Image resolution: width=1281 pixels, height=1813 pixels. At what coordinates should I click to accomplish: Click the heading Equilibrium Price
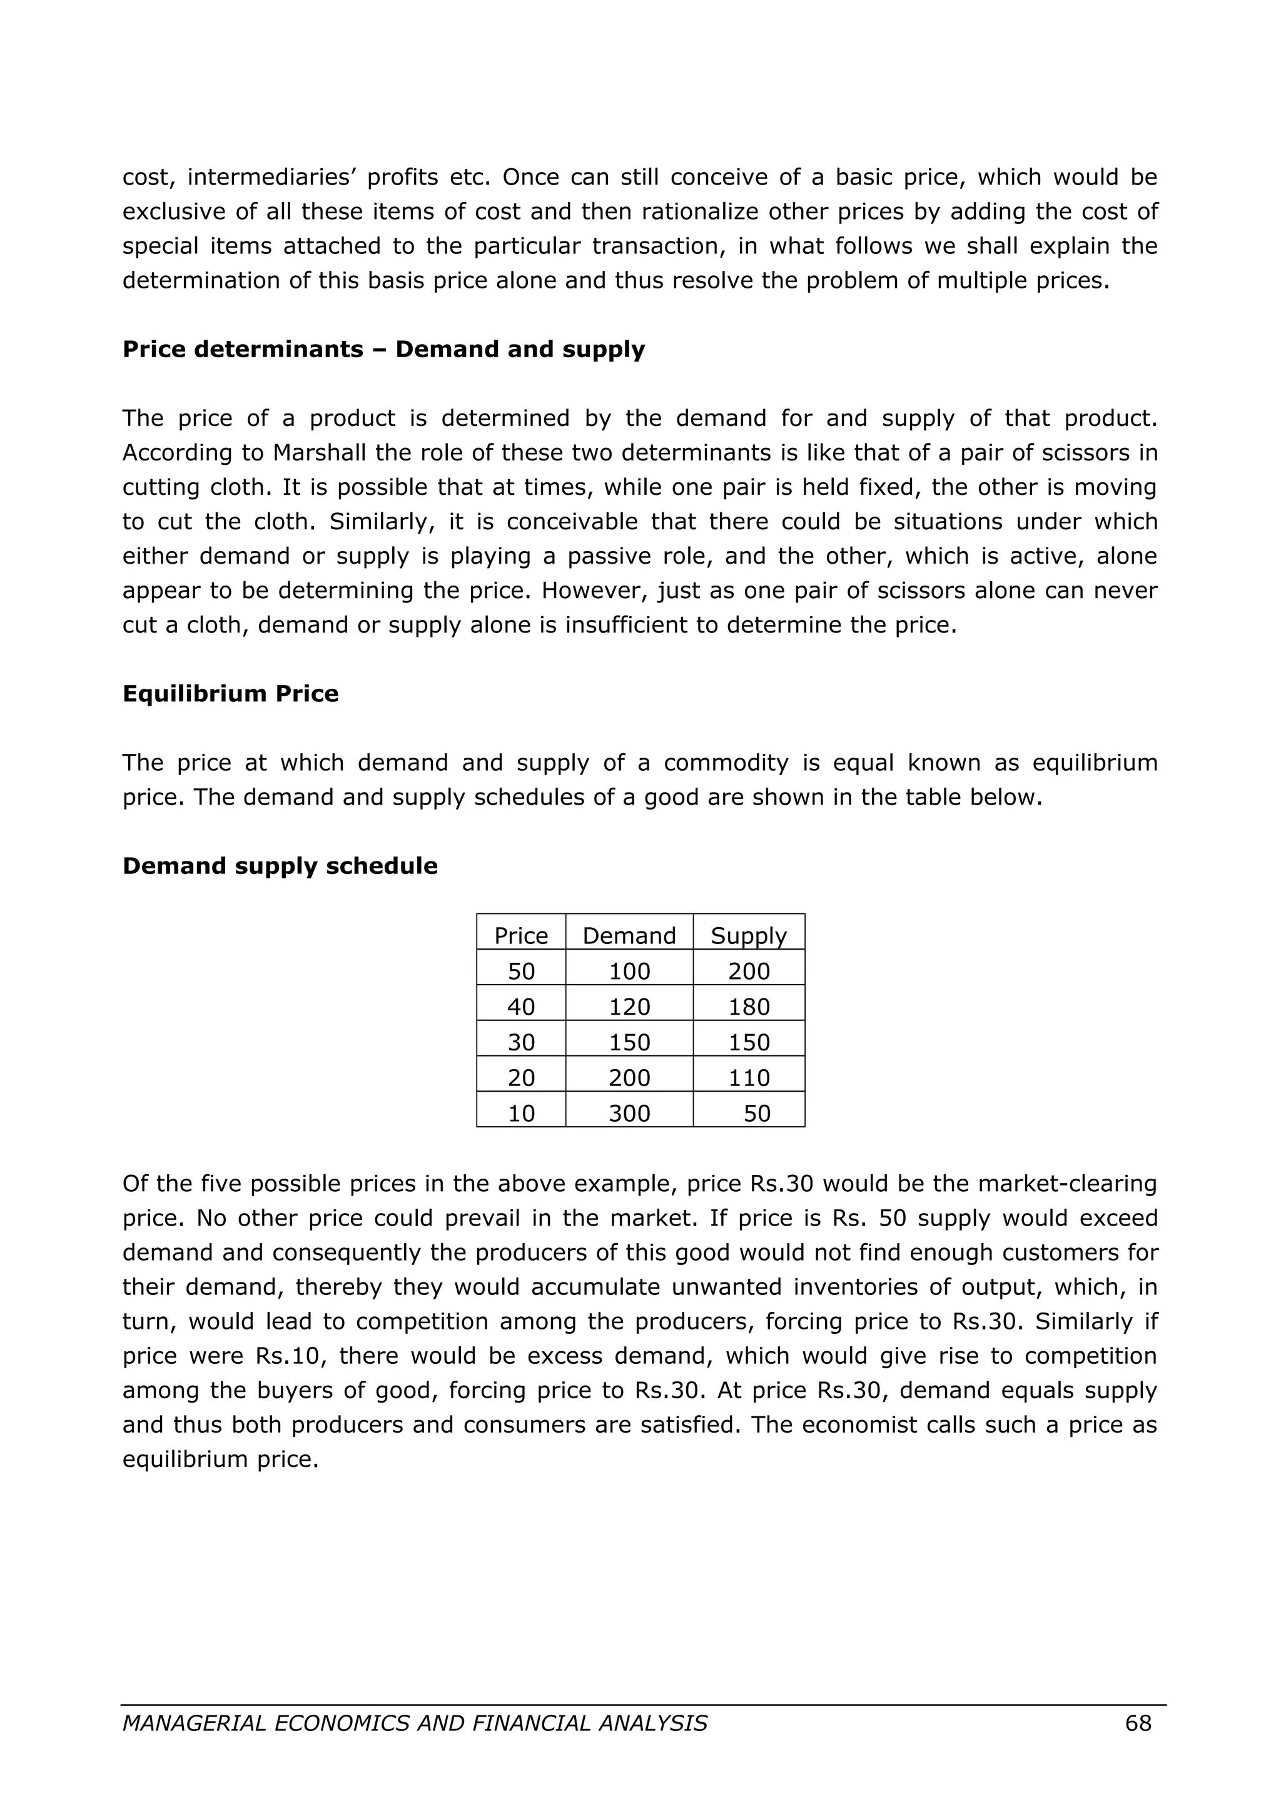click(x=230, y=693)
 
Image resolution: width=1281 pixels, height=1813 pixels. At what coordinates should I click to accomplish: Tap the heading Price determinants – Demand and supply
click(x=383, y=349)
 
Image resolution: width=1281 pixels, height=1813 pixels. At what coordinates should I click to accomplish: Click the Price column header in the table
click(x=521, y=936)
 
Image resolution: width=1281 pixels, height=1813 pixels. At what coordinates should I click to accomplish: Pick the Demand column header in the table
click(x=629, y=936)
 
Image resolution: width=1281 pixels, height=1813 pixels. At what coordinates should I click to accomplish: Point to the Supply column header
click(x=748, y=936)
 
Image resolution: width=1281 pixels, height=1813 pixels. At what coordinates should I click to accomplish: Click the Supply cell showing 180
click(x=748, y=1007)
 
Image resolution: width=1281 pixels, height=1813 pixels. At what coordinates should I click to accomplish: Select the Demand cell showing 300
click(x=629, y=1114)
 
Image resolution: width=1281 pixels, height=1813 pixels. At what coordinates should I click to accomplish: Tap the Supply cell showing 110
click(x=748, y=1078)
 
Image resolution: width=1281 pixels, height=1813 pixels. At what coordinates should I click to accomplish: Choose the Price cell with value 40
click(x=521, y=1007)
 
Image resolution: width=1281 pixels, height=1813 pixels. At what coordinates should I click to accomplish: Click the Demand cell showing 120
click(x=629, y=1007)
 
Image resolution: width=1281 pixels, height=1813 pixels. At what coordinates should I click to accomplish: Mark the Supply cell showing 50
click(x=756, y=1114)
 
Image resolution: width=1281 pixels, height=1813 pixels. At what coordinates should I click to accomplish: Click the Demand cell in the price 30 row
click(x=629, y=1042)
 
